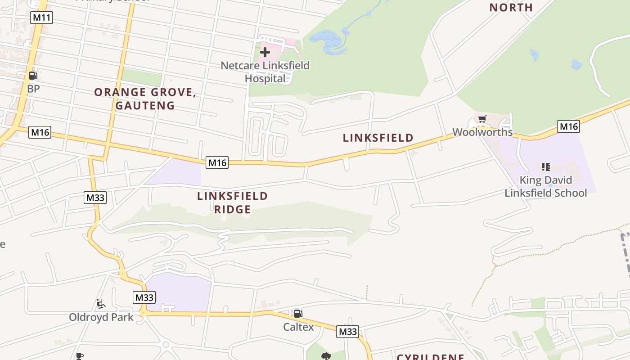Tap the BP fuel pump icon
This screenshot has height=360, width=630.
pyautogui.click(x=33, y=76)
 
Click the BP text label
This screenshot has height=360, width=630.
pyautogui.click(x=33, y=89)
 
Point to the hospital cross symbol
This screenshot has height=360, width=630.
pyautogui.click(x=265, y=52)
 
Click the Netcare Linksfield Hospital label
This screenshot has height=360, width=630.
pyautogui.click(x=265, y=72)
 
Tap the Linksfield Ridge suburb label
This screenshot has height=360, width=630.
pyautogui.click(x=232, y=202)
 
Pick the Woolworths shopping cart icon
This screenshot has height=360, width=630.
pyautogui.click(x=482, y=119)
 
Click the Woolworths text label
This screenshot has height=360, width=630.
pyautogui.click(x=482, y=132)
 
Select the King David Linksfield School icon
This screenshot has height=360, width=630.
pyautogui.click(x=546, y=167)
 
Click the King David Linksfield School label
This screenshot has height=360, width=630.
pyautogui.click(x=546, y=187)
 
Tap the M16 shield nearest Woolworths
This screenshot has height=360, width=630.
pyautogui.click(x=568, y=126)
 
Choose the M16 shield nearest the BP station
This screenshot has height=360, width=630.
pyautogui.click(x=40, y=132)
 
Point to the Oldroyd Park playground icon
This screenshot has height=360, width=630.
pyautogui.click(x=101, y=304)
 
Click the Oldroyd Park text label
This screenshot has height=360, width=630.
pyautogui.click(x=101, y=317)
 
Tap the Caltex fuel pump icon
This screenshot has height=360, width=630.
pyautogui.click(x=298, y=314)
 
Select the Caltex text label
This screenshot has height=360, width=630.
pyautogui.click(x=298, y=327)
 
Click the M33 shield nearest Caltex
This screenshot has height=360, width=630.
pyautogui.click(x=347, y=332)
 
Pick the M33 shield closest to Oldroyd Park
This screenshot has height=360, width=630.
pyautogui.click(x=144, y=297)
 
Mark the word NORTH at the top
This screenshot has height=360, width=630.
pyautogui.click(x=511, y=7)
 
